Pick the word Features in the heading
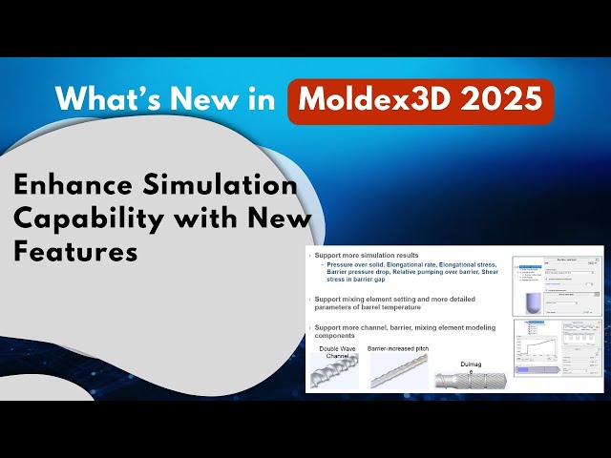pyautogui.click(x=75, y=252)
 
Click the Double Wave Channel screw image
pyautogui.click(x=335, y=372)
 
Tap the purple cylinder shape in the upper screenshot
pyautogui.click(x=532, y=301)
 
